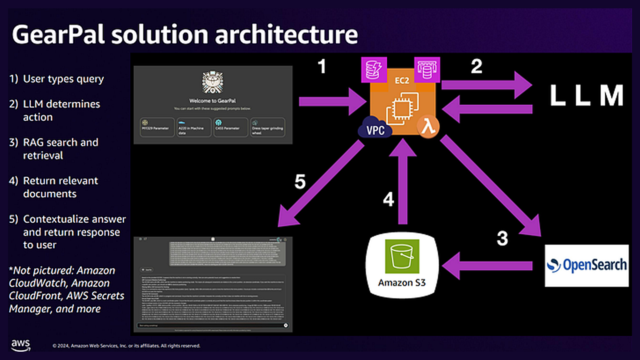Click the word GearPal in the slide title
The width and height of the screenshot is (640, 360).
[58, 34]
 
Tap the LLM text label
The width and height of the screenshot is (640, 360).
[586, 95]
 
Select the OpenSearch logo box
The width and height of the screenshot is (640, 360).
[587, 266]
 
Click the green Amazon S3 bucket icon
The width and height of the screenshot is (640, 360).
[402, 256]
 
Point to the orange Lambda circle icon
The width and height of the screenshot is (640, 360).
[428, 127]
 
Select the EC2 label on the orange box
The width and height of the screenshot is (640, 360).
[402, 81]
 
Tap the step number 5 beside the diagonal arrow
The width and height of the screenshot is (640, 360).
[300, 182]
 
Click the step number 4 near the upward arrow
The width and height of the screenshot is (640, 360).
[388, 199]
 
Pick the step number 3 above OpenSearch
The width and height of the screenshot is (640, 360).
[502, 239]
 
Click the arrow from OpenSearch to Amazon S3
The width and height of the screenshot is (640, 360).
[487, 266]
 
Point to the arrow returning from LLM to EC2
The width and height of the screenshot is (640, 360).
[487, 109]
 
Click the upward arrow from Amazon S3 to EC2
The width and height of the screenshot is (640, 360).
[403, 183]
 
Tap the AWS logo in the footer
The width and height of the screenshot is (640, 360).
[21, 345]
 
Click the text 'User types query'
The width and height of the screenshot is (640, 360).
[63, 79]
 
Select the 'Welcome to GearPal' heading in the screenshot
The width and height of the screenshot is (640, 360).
[212, 101]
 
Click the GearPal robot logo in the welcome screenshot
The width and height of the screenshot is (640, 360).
[213, 82]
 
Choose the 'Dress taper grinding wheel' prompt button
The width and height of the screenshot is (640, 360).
[268, 127]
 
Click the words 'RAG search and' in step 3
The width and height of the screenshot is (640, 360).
[61, 142]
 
